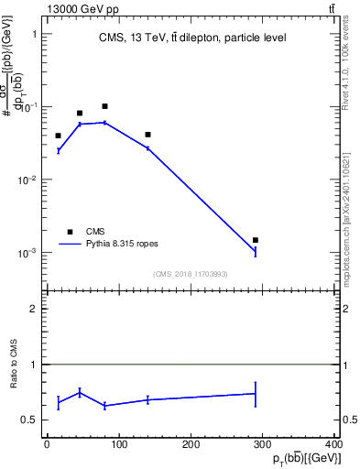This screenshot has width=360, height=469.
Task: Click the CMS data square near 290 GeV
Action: (x=256, y=240)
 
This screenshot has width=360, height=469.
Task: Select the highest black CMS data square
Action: (x=105, y=106)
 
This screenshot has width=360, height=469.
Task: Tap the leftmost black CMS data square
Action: (x=58, y=136)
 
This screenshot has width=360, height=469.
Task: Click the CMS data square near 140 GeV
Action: (x=147, y=135)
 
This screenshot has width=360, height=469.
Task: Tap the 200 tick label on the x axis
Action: (x=191, y=444)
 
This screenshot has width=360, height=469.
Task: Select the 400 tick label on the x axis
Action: (x=333, y=444)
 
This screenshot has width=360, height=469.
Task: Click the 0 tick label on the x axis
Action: (x=47, y=444)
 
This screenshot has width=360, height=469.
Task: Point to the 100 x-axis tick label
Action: (x=119, y=444)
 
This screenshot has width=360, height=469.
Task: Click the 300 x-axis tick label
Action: (x=263, y=444)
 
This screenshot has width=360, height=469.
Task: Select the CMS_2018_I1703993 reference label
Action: (x=191, y=274)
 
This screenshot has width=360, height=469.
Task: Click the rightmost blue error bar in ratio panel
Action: (x=256, y=394)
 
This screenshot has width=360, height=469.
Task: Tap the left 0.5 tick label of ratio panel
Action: (x=34, y=420)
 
